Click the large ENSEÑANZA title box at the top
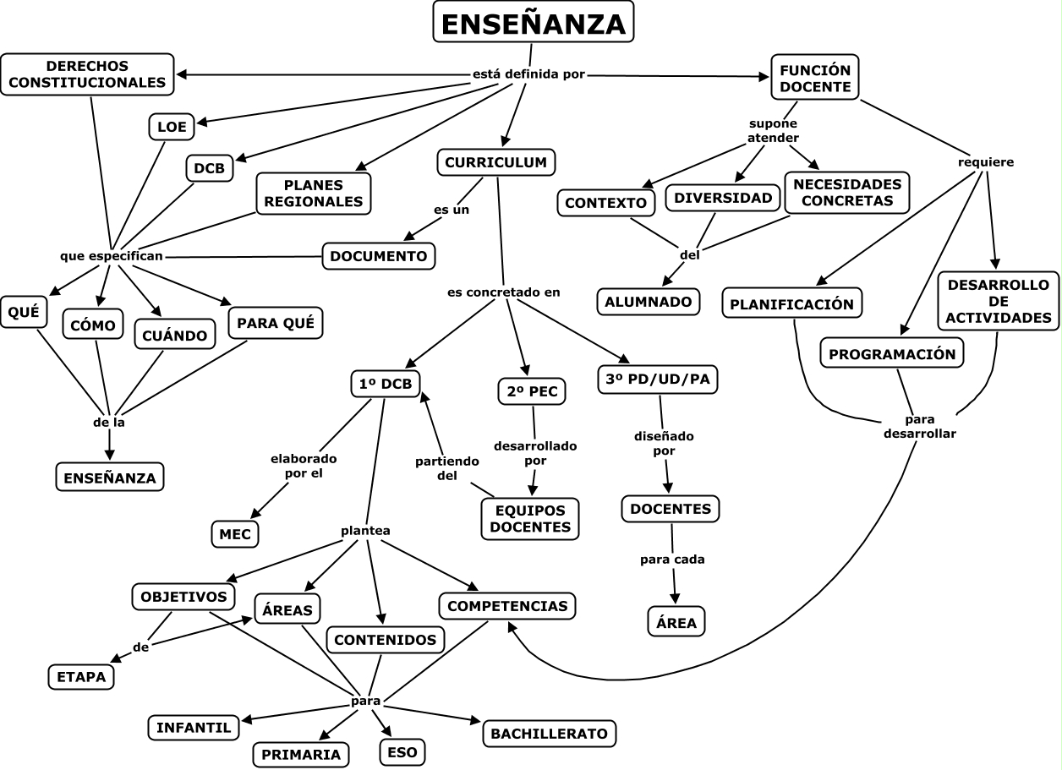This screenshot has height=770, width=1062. coord(533,23)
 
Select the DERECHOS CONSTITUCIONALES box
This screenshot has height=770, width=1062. coord(87,74)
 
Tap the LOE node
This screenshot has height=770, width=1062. coord(172,127)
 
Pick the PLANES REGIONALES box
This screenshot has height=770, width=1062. coord(312,193)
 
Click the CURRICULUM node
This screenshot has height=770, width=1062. coord(495,161)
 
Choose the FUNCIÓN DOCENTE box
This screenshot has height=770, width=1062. coord(815,77)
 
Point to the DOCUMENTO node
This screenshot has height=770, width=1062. coord(380,255)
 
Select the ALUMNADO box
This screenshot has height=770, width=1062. coord(649,302)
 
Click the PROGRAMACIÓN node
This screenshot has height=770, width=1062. coord(892,354)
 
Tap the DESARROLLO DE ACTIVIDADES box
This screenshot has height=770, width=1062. coord(998,301)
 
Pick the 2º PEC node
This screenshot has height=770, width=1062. coord(532,391)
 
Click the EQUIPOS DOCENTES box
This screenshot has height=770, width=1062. coord(530,518)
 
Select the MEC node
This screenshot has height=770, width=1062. coord(235,534)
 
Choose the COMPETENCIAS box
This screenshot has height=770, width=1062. coord(506,606)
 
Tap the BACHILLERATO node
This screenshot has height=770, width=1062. coord(549,733)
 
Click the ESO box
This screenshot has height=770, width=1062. coord(402,751)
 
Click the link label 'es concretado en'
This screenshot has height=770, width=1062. coord(504,292)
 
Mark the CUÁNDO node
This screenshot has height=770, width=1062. coord(175,336)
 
